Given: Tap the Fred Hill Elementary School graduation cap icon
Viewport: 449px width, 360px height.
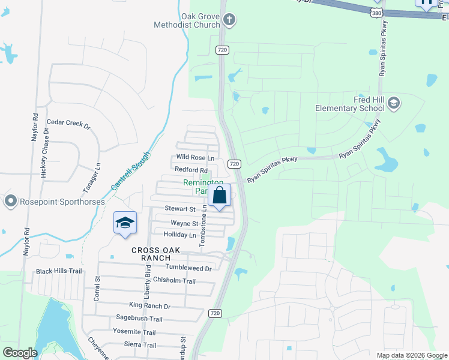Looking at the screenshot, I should [393, 104].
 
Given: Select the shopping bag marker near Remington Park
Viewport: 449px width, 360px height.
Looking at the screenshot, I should [220, 196].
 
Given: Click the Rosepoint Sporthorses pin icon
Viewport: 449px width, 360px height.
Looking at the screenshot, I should [10, 202].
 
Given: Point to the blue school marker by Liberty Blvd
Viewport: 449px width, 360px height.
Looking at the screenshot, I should [125, 223].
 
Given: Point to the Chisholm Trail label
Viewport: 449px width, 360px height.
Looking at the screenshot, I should [174, 281].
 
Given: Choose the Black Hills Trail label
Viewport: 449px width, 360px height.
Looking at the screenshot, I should [58, 271].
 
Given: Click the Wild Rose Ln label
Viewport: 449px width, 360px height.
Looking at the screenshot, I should [195, 157].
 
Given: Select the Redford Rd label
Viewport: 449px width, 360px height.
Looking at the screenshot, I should [191, 170].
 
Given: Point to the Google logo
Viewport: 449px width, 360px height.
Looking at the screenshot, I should [20, 353].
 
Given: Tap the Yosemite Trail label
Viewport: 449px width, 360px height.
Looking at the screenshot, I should [134, 332].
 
